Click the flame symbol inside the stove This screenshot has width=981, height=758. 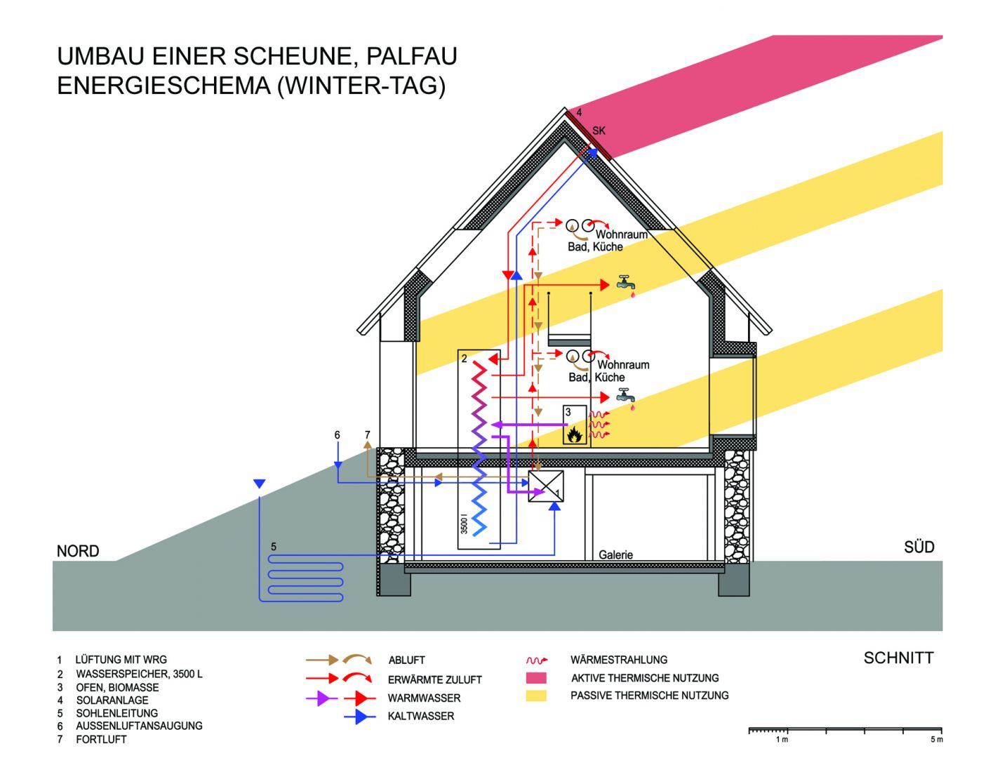pos(575,434)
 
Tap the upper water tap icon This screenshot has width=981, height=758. pos(626,284)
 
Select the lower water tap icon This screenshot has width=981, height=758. pos(625,397)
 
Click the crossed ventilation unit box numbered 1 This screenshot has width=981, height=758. pos(546,486)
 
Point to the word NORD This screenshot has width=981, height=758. pos(78,551)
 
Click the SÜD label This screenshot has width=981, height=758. pos(919,547)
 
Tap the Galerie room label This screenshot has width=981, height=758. pos(615,554)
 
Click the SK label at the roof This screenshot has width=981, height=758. pos(599,131)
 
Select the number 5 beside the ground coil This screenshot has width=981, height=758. pos(274,547)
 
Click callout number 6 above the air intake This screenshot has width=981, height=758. pos(337,435)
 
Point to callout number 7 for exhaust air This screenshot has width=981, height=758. pos(367,435)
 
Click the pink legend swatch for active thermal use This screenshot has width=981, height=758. pos(536,678)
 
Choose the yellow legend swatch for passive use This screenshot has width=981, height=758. pos(536,696)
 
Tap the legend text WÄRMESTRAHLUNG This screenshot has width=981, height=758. pos(618,660)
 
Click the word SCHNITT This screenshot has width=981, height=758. pos(898,658)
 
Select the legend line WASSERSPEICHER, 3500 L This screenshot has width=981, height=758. pos(139,674)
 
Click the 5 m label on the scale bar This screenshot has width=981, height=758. pos(936,740)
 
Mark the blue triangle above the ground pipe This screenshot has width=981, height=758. pos(260,484)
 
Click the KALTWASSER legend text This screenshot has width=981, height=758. pos(421,716)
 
